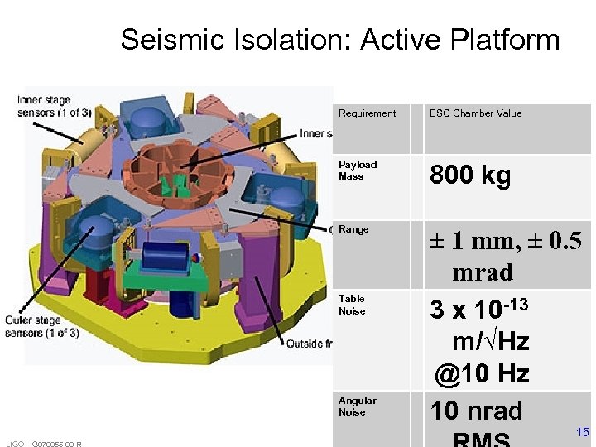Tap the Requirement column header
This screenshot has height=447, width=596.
click(367, 113)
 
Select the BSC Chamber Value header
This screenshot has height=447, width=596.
click(475, 113)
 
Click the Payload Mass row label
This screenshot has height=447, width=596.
click(358, 171)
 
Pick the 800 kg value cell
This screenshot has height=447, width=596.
click(469, 175)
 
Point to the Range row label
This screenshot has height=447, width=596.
click(353, 229)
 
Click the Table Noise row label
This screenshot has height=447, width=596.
click(352, 305)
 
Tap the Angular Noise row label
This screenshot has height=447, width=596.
click(358, 406)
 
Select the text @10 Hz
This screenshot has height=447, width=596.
click(483, 374)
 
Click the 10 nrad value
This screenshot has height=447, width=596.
click(476, 411)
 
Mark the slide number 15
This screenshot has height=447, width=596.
click(582, 431)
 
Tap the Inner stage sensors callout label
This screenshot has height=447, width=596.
click(55, 107)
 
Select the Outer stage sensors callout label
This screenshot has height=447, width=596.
click(42, 327)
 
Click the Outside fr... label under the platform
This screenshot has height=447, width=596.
click(309, 344)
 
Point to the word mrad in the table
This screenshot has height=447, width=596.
click(483, 272)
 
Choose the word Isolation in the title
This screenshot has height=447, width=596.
click(289, 40)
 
